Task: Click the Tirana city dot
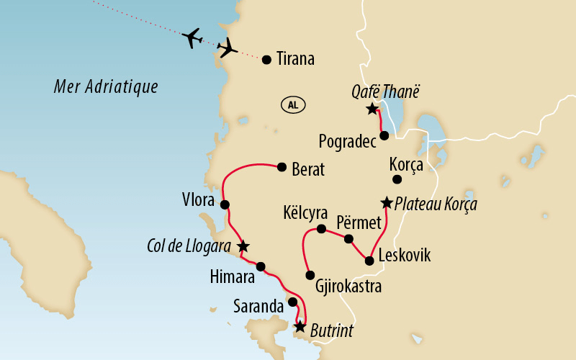267,60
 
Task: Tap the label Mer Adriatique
106,88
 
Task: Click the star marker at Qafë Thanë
372,109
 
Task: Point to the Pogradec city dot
385,135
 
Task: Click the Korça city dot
396,179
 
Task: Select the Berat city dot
282,166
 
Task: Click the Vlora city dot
225,205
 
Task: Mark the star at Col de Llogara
243,246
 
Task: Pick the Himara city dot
261,266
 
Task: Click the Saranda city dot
293,302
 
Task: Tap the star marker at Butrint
300,327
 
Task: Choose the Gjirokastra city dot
310,275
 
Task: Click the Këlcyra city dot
321,230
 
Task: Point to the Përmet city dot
348,238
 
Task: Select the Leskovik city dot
369,261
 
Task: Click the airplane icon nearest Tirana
228,48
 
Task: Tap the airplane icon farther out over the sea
193,37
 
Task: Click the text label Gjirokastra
348,287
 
